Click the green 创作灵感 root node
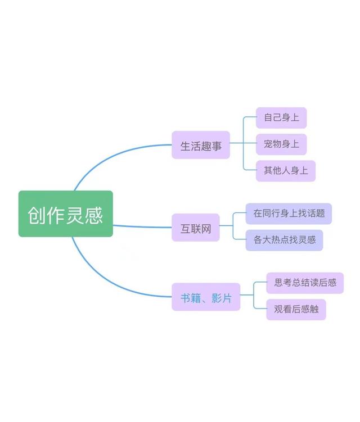point(65,214)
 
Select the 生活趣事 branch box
point(201,145)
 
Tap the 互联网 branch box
point(195,228)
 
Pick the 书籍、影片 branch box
point(206,297)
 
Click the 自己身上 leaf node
point(281,118)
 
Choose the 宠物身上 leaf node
point(281,144)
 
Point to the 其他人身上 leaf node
point(286,170)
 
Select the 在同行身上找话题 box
point(289,214)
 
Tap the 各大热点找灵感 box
point(285,240)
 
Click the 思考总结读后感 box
point(305,283)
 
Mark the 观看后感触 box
point(296,309)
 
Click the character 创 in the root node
point(37,215)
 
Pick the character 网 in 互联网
point(206,228)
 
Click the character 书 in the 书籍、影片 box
point(185,298)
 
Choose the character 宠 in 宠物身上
point(268,144)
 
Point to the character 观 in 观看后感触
point(278,309)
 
